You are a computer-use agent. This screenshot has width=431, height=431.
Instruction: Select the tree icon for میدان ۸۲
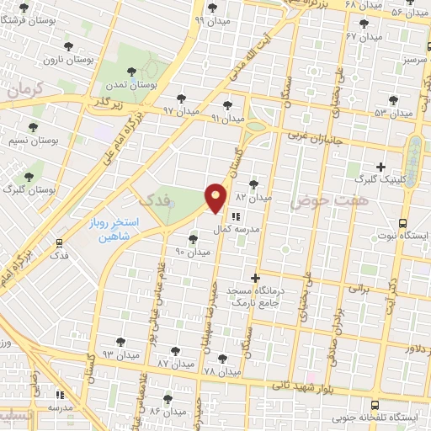254,184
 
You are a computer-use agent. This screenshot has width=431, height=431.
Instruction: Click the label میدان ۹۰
191,252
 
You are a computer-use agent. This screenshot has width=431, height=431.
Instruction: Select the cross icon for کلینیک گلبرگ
381,167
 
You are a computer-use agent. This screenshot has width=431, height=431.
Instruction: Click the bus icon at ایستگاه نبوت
403,224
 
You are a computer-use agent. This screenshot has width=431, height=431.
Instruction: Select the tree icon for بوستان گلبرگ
29,178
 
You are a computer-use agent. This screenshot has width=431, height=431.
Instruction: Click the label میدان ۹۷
180,110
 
